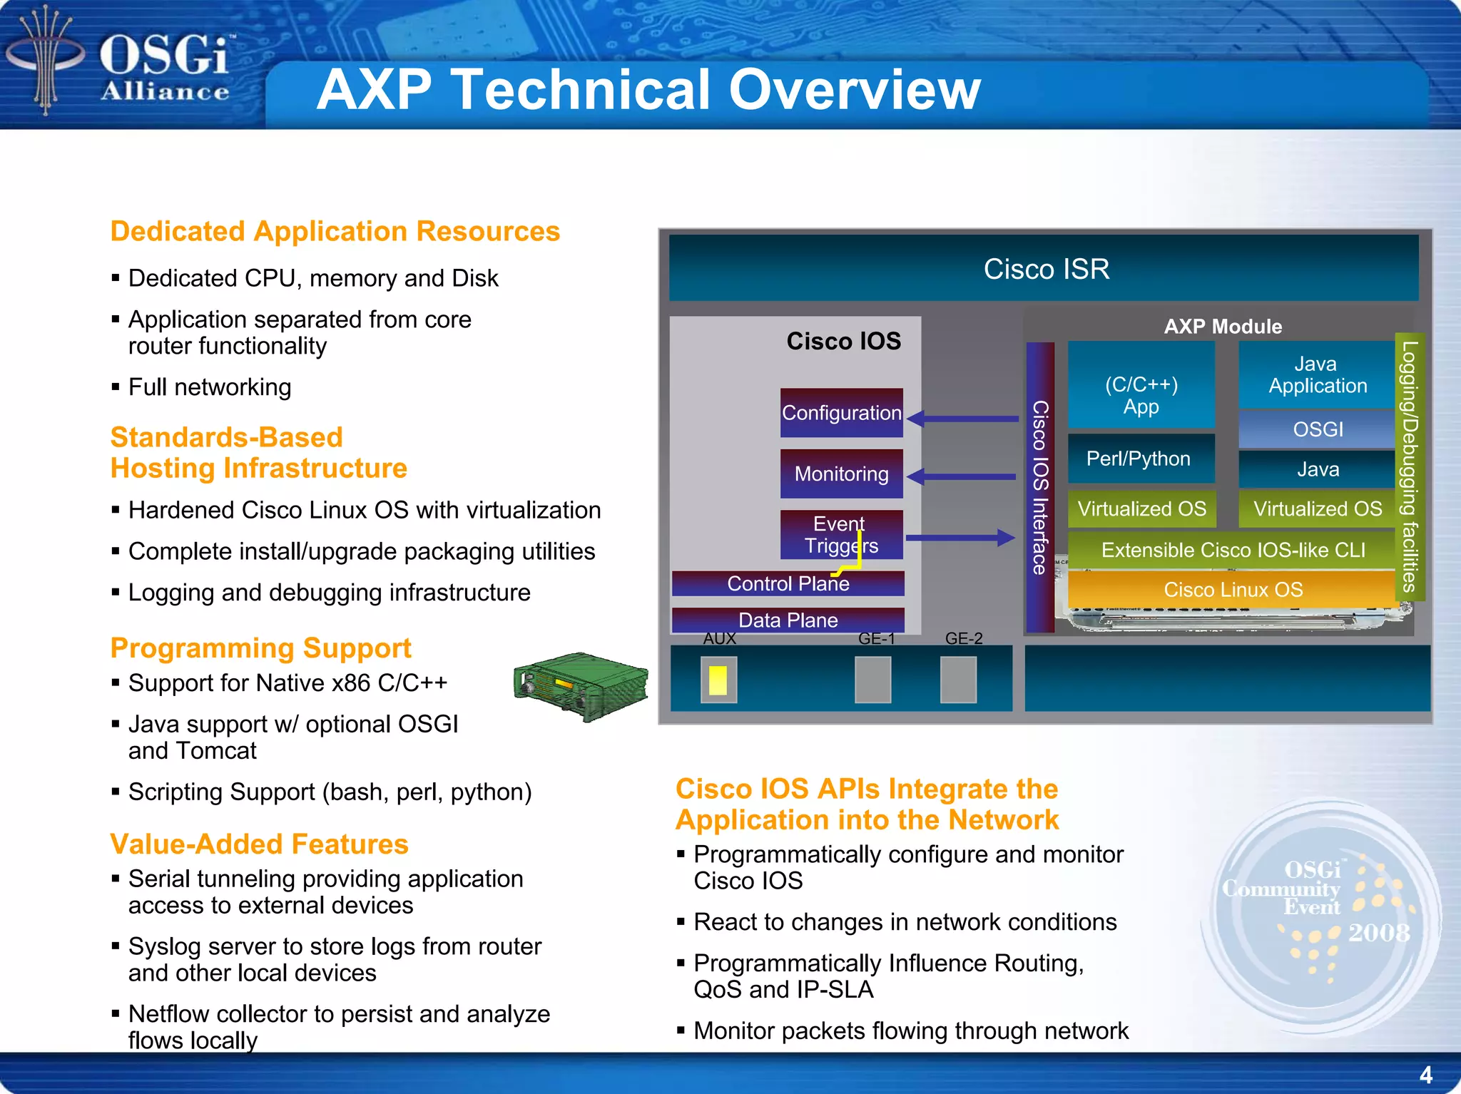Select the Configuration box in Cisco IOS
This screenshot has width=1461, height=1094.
(841, 413)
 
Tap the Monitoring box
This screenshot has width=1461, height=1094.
(841, 474)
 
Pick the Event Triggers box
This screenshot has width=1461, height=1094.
(841, 535)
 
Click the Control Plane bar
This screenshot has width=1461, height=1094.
(788, 584)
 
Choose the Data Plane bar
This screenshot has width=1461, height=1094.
(788, 620)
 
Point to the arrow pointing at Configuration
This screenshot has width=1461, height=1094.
(963, 419)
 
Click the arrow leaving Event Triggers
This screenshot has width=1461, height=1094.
(959, 538)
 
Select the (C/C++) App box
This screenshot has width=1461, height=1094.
(1141, 385)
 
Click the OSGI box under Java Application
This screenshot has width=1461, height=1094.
(1317, 429)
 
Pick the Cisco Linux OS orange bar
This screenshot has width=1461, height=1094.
(1232, 590)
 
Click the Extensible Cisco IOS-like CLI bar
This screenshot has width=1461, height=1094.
(1232, 550)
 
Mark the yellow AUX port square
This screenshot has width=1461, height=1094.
(718, 680)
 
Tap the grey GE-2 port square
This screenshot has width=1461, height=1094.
(958, 680)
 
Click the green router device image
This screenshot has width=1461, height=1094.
(581, 686)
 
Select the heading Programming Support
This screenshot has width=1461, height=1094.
(260, 648)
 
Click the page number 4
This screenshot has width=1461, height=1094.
(1425, 1075)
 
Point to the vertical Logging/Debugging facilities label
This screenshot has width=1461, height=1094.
(1409, 467)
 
